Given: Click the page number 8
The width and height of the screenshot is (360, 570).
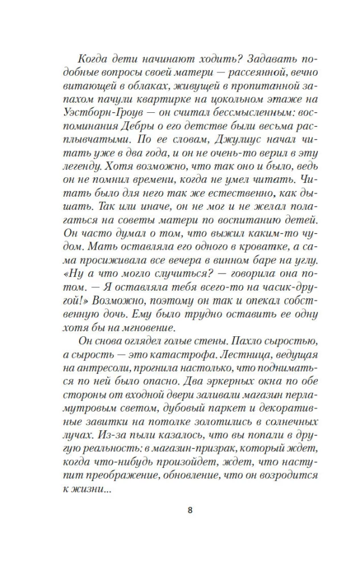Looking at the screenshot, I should (189, 510).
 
